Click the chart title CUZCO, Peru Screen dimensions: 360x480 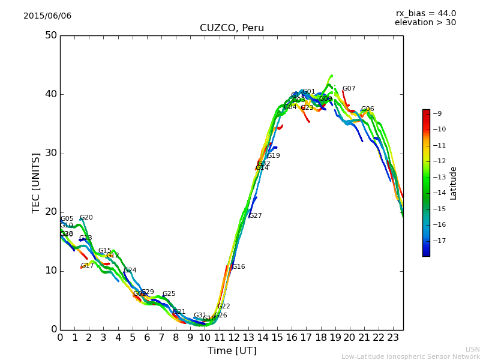click(x=232, y=28)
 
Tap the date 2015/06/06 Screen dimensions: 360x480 click(x=47, y=16)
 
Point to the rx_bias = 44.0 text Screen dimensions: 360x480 click(x=425, y=14)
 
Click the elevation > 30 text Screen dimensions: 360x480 click(x=425, y=23)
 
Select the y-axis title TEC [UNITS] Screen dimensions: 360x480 click(x=36, y=182)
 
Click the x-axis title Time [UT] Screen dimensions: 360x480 click(x=232, y=351)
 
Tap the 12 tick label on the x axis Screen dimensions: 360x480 click(x=234, y=338)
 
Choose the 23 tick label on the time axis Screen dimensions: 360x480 click(x=393, y=338)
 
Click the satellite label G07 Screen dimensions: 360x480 click(x=349, y=89)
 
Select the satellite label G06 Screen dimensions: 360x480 click(x=367, y=109)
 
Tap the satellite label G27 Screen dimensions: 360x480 click(x=255, y=216)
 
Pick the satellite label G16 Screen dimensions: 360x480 click(x=238, y=267)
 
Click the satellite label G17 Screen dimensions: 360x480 click(x=87, y=266)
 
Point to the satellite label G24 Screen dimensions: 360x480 click(x=130, y=271)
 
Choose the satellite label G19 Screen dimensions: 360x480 click(x=273, y=156)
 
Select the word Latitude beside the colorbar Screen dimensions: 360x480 click(x=454, y=183)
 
